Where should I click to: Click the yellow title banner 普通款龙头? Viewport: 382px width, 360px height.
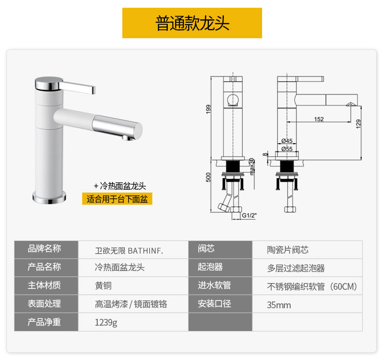[x=192, y=23]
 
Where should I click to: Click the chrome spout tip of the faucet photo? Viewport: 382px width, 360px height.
[x=118, y=127]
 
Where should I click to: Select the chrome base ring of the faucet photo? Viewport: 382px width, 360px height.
[x=49, y=197]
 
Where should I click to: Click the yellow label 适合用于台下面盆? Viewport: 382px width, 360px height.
[x=117, y=199]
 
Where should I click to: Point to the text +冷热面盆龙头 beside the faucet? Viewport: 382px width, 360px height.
[x=120, y=186]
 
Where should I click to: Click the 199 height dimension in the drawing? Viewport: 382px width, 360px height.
[x=208, y=109]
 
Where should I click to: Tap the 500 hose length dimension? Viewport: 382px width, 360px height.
[x=208, y=177]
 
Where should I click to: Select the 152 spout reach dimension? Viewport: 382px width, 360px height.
[x=319, y=119]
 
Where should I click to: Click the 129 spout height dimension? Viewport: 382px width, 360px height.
[x=358, y=124]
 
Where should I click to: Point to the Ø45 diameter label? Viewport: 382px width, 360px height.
[x=287, y=141]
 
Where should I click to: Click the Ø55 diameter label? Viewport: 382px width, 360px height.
[x=287, y=149]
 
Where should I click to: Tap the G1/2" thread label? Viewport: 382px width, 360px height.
[x=249, y=215]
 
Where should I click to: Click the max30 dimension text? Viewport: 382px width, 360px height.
[x=251, y=166]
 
